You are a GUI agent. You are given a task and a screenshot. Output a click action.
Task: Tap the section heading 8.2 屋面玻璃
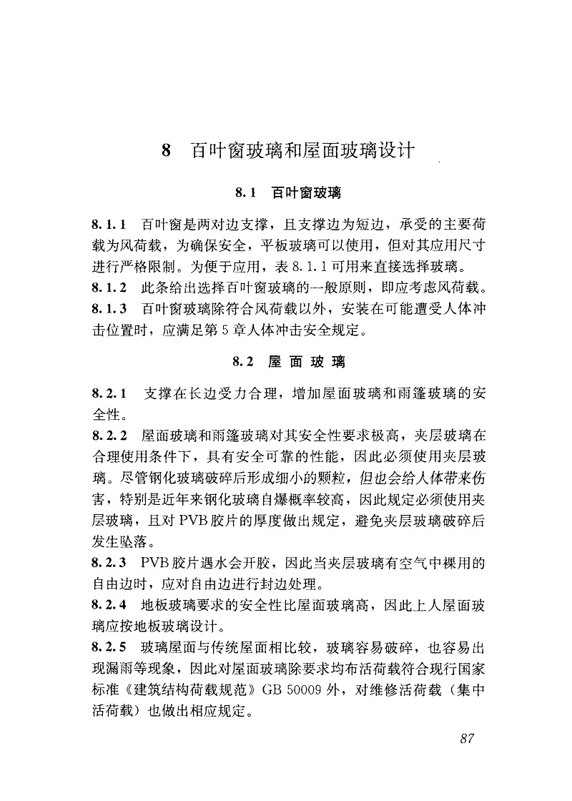point(289,363)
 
